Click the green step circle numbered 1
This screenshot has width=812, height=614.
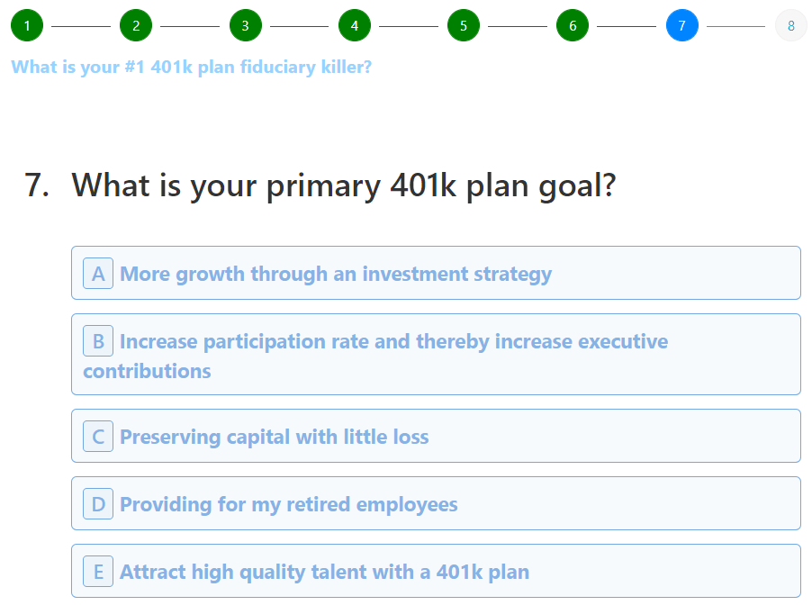pyautogui.click(x=27, y=25)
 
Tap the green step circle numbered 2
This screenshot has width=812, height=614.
pyautogui.click(x=136, y=25)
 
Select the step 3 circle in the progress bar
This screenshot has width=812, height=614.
pyautogui.click(x=246, y=25)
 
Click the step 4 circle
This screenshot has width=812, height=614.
pyautogui.click(x=355, y=25)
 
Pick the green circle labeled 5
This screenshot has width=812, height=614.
pyautogui.click(x=464, y=25)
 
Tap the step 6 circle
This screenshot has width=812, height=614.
pyautogui.click(x=573, y=25)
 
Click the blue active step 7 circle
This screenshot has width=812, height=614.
pyautogui.click(x=682, y=25)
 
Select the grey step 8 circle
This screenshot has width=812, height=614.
pyautogui.click(x=791, y=25)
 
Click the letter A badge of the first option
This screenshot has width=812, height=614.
pyautogui.click(x=98, y=274)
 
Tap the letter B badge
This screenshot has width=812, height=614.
pyautogui.click(x=98, y=340)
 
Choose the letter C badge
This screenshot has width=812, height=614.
pyautogui.click(x=98, y=436)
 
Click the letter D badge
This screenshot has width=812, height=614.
pyautogui.click(x=98, y=504)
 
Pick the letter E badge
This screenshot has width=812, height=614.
pyautogui.click(x=98, y=571)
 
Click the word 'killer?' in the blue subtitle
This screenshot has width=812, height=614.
pyautogui.click(x=347, y=67)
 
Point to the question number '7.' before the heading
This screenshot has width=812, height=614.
pyautogui.click(x=37, y=185)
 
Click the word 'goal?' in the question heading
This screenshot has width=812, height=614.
pyautogui.click(x=577, y=186)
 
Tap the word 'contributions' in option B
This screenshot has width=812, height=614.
pyautogui.click(x=147, y=371)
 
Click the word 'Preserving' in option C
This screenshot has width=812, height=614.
pyautogui.click(x=170, y=438)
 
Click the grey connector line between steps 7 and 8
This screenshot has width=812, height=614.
pyautogui.click(x=735, y=26)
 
